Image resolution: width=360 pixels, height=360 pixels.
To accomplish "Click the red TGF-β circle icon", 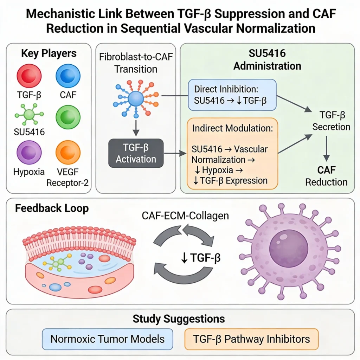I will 29,76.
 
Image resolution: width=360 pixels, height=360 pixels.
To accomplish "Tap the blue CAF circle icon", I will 68,76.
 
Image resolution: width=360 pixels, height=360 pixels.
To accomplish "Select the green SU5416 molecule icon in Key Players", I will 30,114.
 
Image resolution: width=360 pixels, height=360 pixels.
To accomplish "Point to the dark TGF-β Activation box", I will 136,153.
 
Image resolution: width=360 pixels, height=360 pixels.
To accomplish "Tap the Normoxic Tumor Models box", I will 107,339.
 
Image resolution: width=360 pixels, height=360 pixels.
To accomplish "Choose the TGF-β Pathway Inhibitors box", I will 251,339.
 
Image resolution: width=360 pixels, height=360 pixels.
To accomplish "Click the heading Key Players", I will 49,53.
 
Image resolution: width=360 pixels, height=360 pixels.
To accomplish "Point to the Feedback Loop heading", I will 52,208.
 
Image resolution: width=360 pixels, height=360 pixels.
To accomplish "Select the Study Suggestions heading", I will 179,319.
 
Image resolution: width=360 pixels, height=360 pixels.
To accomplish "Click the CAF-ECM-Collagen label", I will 185,215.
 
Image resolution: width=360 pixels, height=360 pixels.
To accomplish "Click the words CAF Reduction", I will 326,176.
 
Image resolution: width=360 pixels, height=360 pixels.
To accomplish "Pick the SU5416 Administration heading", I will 267,60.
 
